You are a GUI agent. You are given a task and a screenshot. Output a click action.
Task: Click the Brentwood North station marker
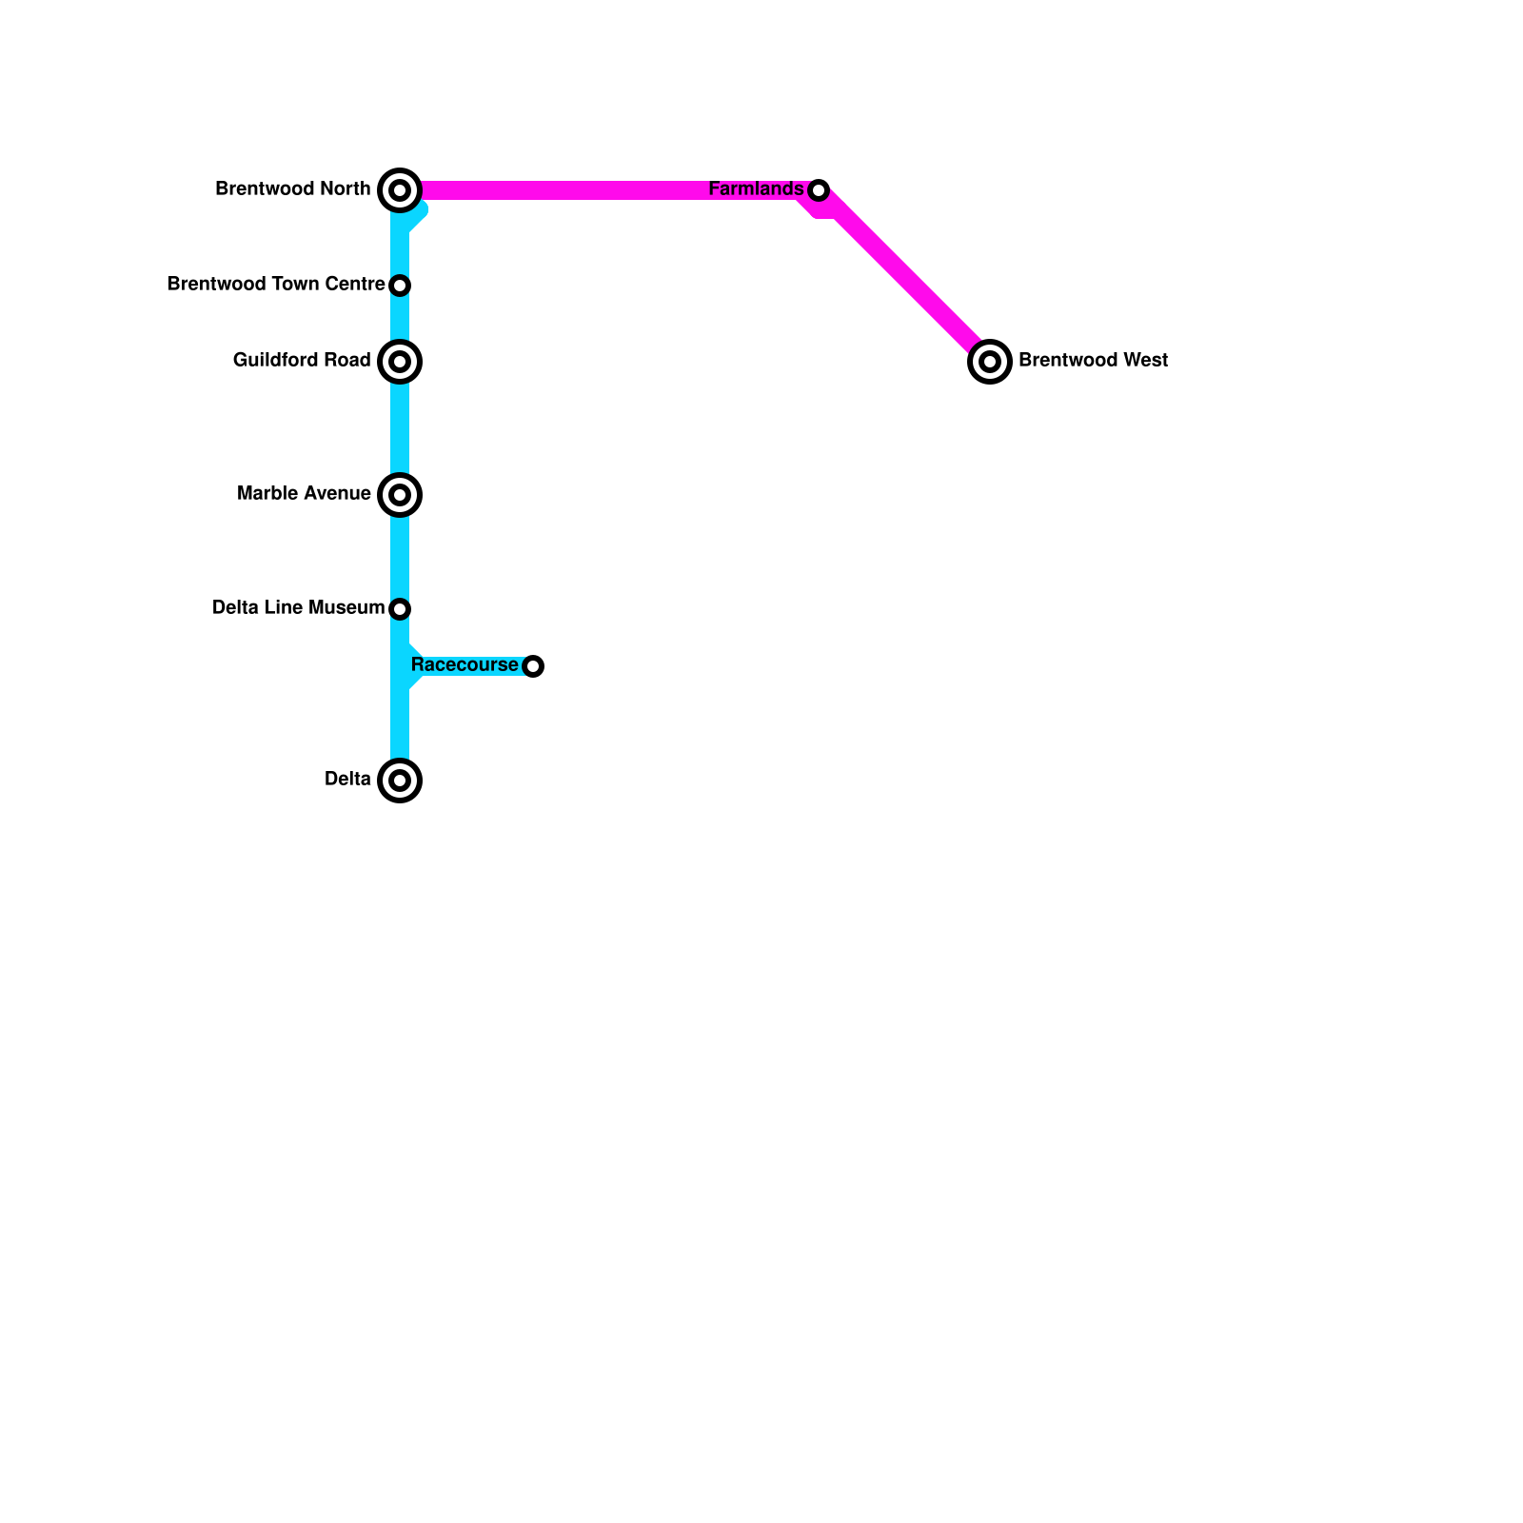pyautogui.click(x=400, y=190)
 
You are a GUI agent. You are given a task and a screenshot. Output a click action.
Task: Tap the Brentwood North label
pyautogui.click(x=292, y=189)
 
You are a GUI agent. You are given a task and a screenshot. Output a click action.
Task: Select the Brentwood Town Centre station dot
pyautogui.click(x=400, y=286)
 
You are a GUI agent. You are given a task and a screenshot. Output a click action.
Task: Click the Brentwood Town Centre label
pyautogui.click(x=275, y=285)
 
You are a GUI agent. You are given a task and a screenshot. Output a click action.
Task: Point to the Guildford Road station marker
pyautogui.click(x=400, y=362)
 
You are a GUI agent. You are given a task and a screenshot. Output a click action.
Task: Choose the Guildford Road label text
pyautogui.click(x=301, y=361)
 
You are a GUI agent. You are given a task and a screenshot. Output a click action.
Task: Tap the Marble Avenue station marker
pyautogui.click(x=400, y=495)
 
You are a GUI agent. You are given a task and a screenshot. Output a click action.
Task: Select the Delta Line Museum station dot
pyautogui.click(x=400, y=608)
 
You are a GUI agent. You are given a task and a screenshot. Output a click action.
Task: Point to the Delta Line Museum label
pyautogui.click(x=298, y=608)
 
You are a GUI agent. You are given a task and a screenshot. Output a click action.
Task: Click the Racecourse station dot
pyautogui.click(x=534, y=666)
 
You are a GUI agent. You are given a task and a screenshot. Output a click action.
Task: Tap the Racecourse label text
pyautogui.click(x=465, y=664)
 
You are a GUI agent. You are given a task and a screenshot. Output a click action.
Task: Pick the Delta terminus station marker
pyautogui.click(x=400, y=781)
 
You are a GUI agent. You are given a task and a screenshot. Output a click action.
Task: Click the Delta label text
pyautogui.click(x=347, y=780)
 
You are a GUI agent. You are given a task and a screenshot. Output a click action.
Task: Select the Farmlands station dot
pyautogui.click(x=819, y=190)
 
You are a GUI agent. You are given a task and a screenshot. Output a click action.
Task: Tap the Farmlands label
pyautogui.click(x=756, y=189)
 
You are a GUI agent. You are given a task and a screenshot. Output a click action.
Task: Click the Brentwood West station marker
pyautogui.click(x=990, y=362)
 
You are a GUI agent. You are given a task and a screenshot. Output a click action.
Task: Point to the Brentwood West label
pyautogui.click(x=1093, y=361)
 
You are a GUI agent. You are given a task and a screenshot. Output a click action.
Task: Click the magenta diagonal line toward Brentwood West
pyautogui.click(x=904, y=276)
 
